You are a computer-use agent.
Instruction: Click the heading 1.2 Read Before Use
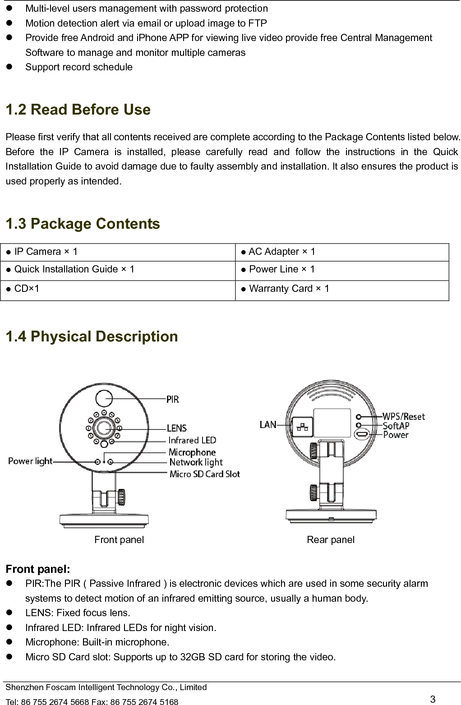(x=78, y=110)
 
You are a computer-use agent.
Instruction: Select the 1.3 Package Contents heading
(x=83, y=224)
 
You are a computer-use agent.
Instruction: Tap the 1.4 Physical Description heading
(x=92, y=336)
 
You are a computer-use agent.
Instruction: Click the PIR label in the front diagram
(x=172, y=399)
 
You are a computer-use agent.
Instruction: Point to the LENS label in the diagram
(x=176, y=428)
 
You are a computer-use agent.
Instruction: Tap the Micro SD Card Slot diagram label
(x=204, y=474)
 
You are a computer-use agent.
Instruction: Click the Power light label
(x=30, y=461)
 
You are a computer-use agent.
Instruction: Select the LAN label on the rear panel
(x=268, y=424)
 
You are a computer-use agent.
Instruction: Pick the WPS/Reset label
(x=403, y=416)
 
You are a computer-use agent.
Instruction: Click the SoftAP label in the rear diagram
(x=396, y=426)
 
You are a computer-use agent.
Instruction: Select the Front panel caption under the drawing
(x=119, y=540)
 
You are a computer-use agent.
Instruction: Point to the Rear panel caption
(x=331, y=540)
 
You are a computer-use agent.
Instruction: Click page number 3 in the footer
(x=433, y=700)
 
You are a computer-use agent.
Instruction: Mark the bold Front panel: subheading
(x=38, y=569)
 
